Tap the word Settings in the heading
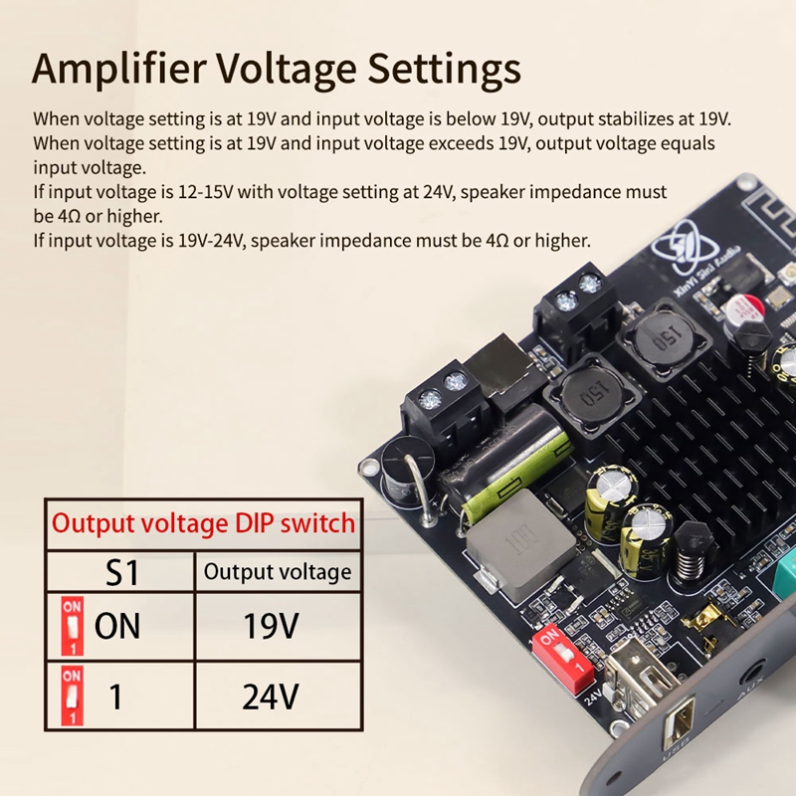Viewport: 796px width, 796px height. pos(444,71)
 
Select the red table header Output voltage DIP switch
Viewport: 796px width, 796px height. pos(203,522)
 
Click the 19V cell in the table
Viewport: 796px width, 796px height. pos(271,626)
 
